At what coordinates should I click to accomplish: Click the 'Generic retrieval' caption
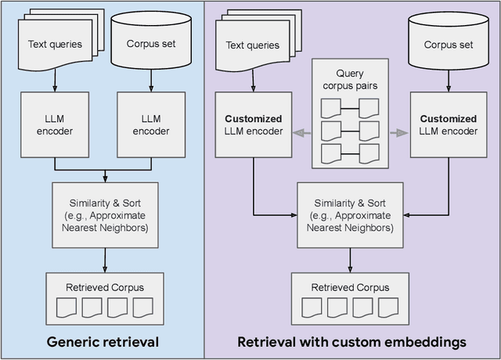tap(103, 341)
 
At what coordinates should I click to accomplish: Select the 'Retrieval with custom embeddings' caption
tap(352, 341)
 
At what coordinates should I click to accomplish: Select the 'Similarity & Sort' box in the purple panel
tap(350, 211)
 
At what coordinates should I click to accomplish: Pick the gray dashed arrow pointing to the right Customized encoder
tap(399, 132)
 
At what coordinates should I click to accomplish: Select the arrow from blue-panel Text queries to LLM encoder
tap(54, 80)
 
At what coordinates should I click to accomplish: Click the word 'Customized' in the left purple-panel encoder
tap(253, 119)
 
